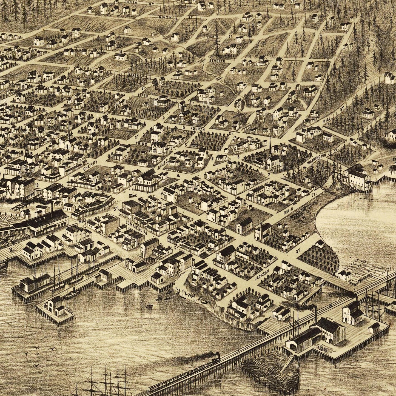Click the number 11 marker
[121, 51]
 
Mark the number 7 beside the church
[269, 174]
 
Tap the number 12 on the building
[394, 159]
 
